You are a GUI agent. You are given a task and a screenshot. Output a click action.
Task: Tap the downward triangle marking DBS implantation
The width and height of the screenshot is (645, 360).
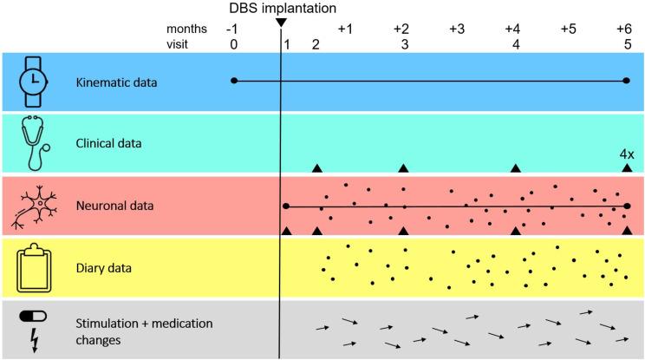280,23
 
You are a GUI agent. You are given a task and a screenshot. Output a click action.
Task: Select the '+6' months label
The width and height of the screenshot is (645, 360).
624,29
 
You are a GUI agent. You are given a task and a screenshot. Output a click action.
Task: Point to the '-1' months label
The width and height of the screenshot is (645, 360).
233,29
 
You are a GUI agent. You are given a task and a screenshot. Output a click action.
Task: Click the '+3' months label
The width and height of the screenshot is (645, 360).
457,29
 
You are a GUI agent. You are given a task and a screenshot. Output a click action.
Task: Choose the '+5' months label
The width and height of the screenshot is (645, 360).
568,29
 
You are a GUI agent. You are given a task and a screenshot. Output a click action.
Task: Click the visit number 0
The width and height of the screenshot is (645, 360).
233,44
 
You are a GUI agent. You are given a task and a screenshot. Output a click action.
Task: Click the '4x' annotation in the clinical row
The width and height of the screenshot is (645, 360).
626,154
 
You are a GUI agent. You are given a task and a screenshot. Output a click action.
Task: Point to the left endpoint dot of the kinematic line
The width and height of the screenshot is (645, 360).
234,81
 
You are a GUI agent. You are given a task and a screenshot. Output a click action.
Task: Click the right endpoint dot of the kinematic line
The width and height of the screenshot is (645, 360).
626,81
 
